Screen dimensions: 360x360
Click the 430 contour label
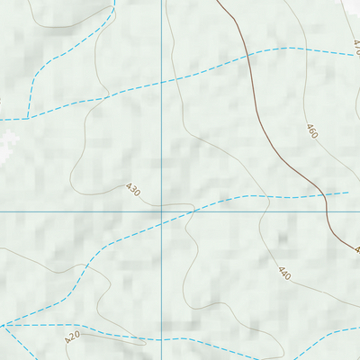click(133, 190)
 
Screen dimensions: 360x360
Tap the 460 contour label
click(311, 132)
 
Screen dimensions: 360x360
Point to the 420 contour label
click(73, 338)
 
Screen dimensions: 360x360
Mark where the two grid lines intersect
click(163, 211)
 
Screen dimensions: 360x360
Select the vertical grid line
click(163, 108)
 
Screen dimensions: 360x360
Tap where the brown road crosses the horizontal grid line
click(327, 211)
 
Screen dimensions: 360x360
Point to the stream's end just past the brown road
click(347, 192)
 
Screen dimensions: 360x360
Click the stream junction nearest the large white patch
click(29, 117)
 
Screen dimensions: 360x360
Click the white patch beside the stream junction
click(9, 139)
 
